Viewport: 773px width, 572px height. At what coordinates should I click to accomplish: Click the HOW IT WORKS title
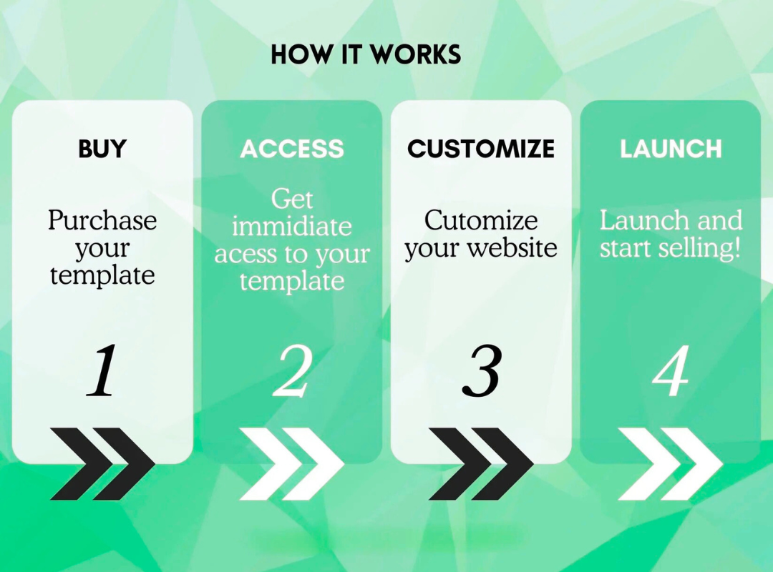point(366,54)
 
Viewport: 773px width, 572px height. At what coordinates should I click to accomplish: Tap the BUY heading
point(102,149)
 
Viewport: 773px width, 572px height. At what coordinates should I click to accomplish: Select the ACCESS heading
point(292,149)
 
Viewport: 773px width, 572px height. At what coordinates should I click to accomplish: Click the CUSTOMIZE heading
point(481,149)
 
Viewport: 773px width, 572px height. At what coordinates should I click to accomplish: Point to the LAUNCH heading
point(671,149)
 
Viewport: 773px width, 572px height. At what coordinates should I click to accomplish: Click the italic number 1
point(102,370)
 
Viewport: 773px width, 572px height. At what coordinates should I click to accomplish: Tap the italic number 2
point(293,370)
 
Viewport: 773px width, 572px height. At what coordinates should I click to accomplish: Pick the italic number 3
point(482,370)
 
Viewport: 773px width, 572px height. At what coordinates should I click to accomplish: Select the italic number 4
point(671,370)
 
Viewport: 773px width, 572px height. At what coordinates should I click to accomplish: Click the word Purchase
point(102,220)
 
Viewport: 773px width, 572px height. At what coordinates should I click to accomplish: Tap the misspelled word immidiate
point(292,227)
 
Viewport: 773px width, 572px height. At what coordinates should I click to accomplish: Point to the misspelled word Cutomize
point(481,220)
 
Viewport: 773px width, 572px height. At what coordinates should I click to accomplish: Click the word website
point(512,247)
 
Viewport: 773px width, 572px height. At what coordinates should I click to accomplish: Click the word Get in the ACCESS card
point(292,199)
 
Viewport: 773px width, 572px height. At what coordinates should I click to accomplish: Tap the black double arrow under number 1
point(102,464)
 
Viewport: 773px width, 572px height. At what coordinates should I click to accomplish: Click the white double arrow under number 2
point(292,464)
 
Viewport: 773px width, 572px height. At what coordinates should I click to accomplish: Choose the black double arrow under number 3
point(481,464)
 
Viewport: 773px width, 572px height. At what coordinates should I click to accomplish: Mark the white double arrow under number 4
point(671,464)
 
